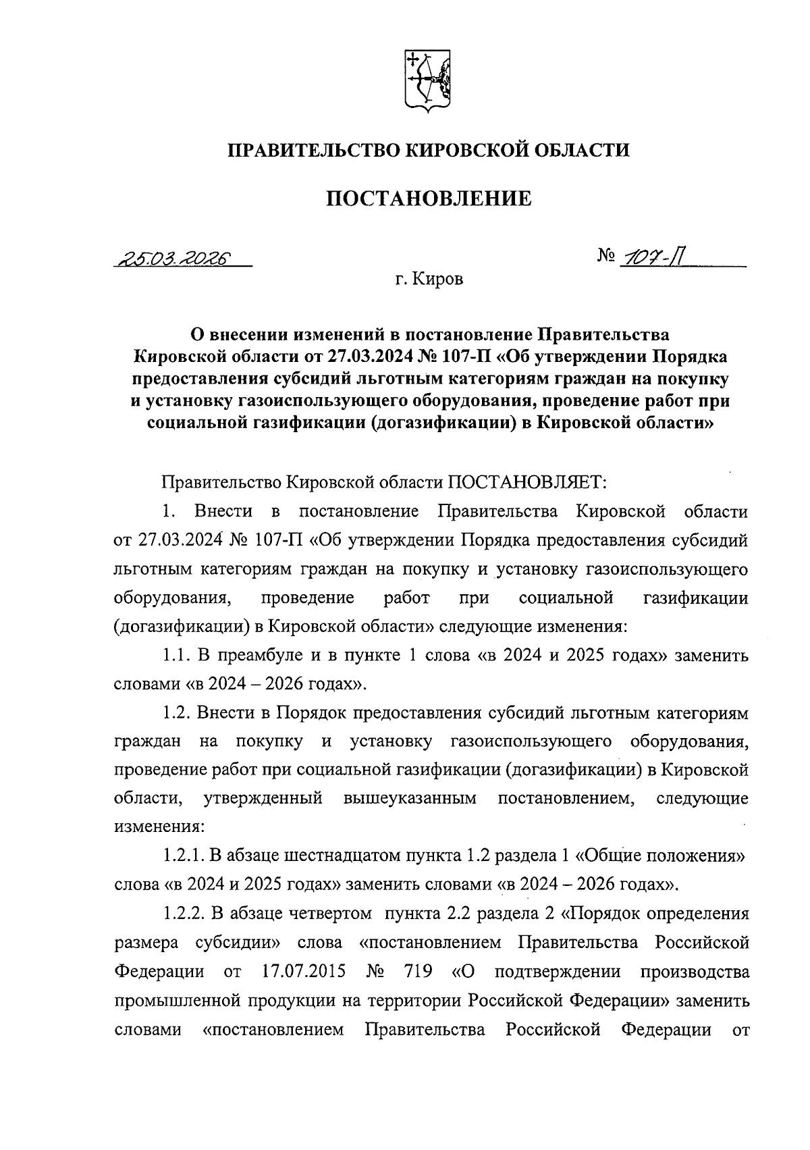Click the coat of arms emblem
(427, 80)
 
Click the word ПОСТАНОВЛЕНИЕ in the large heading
(429, 199)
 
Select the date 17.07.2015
(302, 972)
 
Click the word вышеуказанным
(410, 799)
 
